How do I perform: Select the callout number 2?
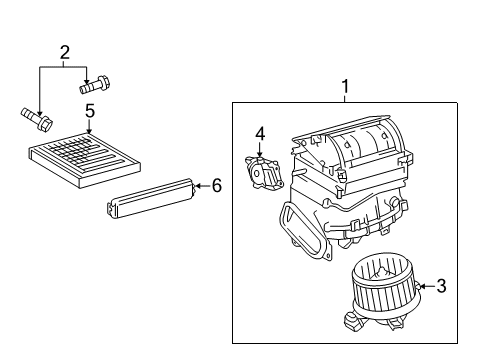[x=64, y=52]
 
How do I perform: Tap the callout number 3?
[x=441, y=287]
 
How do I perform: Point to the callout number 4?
[x=260, y=133]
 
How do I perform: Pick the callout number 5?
[x=89, y=111]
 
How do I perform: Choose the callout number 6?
[x=215, y=184]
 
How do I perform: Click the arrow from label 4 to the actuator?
[x=260, y=149]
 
